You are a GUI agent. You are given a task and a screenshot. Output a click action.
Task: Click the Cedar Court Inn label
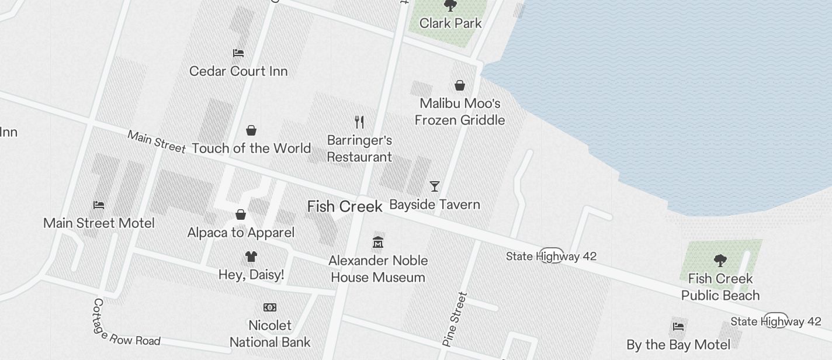pos(238,71)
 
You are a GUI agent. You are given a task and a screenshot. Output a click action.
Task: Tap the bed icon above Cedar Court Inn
pos(238,53)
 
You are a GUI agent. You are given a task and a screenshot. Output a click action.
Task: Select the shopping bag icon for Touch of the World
pos(251,130)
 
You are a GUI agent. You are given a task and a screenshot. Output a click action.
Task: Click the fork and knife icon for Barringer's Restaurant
pos(359,122)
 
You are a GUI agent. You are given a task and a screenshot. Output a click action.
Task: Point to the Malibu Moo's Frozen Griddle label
pos(460,112)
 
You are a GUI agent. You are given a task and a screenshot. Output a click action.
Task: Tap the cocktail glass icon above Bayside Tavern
pos(434,186)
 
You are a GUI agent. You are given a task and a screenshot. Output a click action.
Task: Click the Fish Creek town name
pos(345,206)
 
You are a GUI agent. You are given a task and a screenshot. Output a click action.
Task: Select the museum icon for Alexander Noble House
pos(378,243)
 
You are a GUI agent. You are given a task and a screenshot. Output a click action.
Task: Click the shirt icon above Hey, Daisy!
pos(251,257)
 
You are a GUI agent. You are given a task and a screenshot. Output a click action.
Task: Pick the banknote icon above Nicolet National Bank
pos(270,307)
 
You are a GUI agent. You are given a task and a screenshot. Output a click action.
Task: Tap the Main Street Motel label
pos(99,223)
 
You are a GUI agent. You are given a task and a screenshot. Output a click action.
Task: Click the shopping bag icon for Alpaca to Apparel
pos(241,215)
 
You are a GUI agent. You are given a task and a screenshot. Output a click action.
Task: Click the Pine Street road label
pos(456,319)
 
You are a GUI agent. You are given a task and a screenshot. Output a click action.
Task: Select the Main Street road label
pos(156,142)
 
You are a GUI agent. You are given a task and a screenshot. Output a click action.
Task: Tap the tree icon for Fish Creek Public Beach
pos(720,261)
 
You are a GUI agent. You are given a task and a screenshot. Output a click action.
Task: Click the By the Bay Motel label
pos(678,345)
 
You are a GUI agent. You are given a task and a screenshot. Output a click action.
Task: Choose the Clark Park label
pos(450,23)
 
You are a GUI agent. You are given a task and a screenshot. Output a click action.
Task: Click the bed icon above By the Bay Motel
pos(678,327)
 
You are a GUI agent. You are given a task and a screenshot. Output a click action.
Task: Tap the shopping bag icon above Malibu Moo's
pos(460,86)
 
